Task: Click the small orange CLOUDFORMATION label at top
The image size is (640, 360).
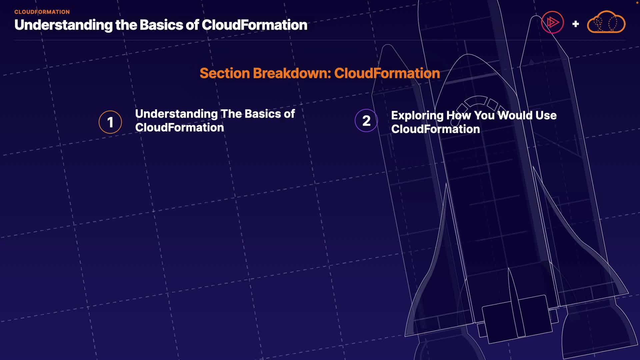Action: click(x=42, y=12)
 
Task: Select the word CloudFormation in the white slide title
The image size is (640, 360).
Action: click(x=254, y=25)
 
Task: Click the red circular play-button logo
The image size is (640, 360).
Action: click(x=552, y=23)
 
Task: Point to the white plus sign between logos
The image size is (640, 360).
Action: click(x=575, y=24)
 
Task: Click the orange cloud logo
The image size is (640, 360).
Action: click(x=606, y=23)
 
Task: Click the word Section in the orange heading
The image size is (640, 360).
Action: click(x=225, y=73)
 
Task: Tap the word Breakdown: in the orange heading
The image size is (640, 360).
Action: click(x=292, y=73)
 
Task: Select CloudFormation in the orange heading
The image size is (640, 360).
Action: click(x=387, y=73)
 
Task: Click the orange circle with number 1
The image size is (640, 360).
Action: click(x=110, y=122)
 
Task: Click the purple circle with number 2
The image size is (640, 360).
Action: click(x=366, y=121)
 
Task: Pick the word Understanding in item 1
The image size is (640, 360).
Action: click(x=176, y=114)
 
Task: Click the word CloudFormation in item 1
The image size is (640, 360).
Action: click(x=179, y=128)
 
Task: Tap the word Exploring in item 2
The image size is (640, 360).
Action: click(x=417, y=116)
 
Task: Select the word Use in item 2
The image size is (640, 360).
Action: click(x=546, y=115)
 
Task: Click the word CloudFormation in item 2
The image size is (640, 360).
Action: click(x=435, y=129)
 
